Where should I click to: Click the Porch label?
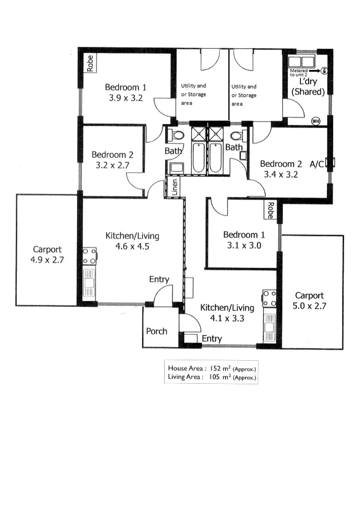click(156, 331)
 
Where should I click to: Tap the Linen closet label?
click(175, 188)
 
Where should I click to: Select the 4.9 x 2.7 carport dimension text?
click(48, 260)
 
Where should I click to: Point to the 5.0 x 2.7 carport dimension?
click(309, 306)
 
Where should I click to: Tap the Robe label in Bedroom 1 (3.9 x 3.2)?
click(90, 63)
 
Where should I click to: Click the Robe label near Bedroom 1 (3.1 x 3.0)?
click(270, 210)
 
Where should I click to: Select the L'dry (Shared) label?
click(309, 87)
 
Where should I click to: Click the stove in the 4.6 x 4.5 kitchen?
click(90, 256)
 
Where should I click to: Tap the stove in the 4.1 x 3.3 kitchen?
click(269, 298)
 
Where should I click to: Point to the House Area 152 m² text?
click(212, 368)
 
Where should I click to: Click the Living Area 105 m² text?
click(212, 377)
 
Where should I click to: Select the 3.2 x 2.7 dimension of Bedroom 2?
click(112, 166)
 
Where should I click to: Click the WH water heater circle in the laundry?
click(315, 120)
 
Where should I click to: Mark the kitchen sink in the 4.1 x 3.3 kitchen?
click(269, 326)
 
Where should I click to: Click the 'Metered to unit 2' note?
click(299, 72)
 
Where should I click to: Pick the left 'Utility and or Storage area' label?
click(193, 95)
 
